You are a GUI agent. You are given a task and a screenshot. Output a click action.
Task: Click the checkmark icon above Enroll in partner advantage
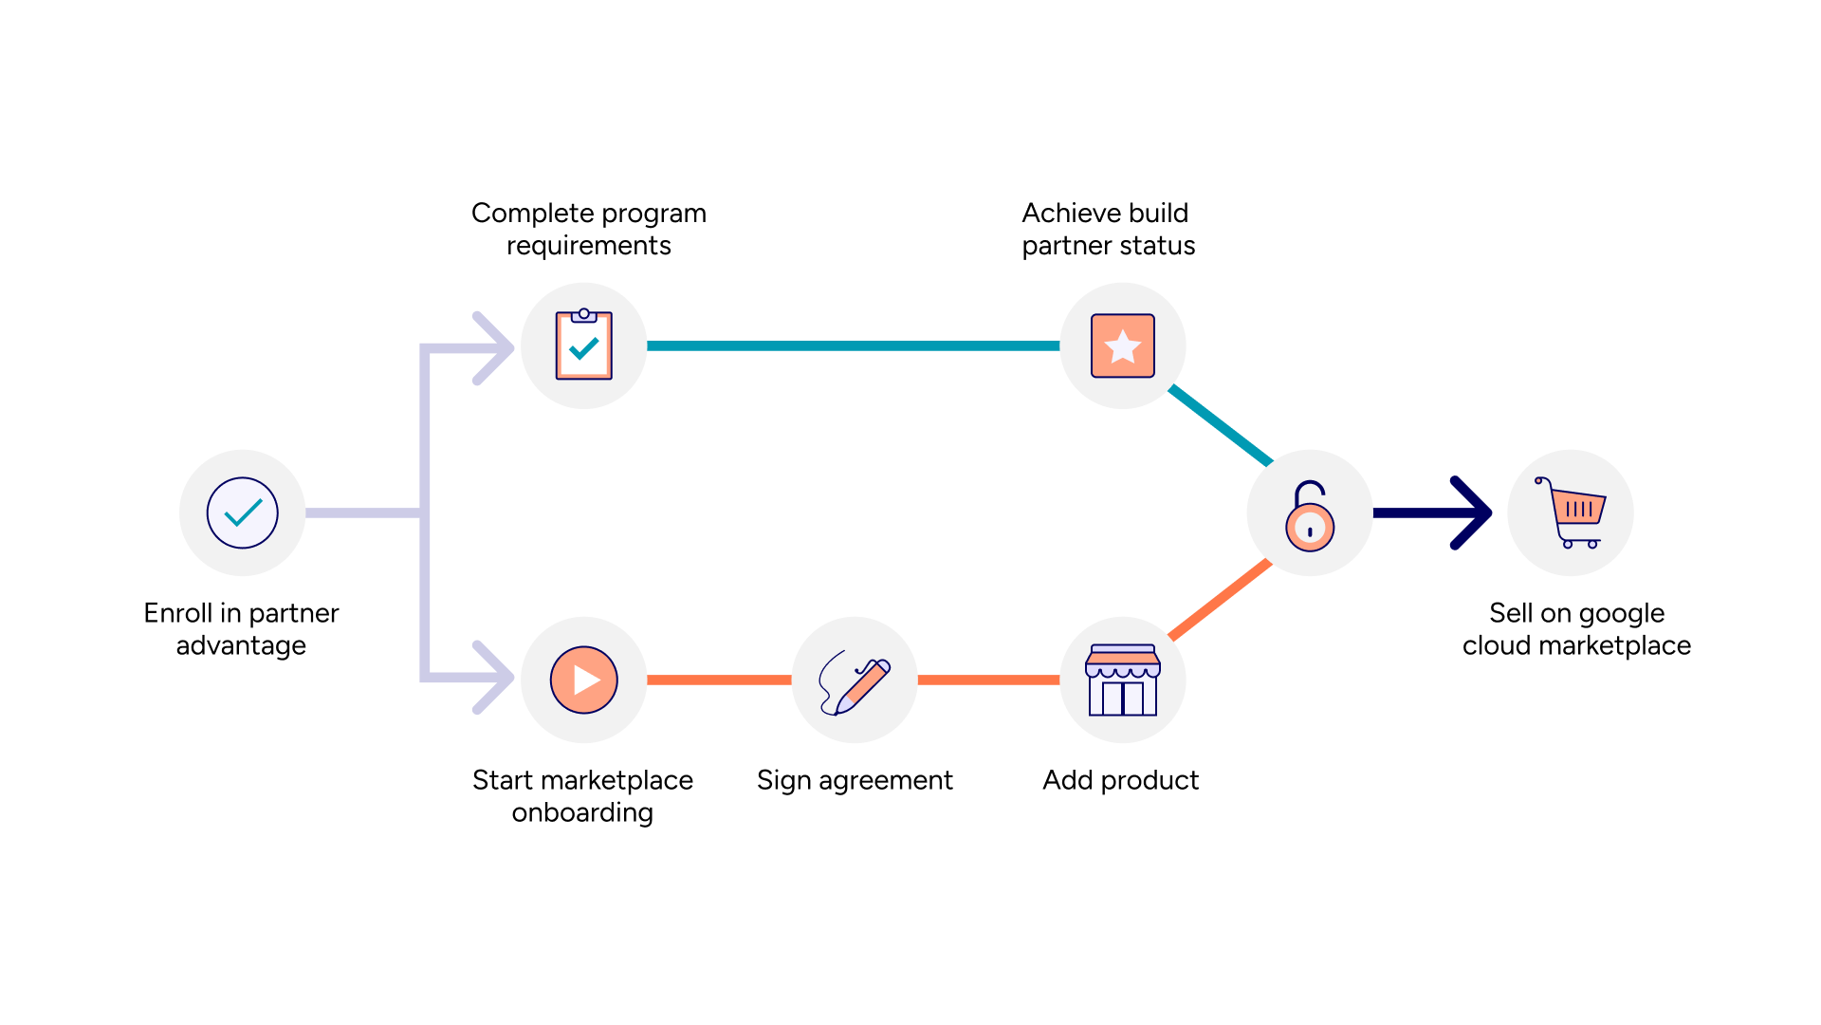243,512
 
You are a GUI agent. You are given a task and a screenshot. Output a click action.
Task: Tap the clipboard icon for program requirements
583,345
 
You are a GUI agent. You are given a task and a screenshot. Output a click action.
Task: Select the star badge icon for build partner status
1123,345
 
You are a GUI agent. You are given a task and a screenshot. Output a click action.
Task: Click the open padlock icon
1310,517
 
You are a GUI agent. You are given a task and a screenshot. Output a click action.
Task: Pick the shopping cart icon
1572,512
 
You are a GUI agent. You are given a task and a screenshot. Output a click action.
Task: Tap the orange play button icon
583,680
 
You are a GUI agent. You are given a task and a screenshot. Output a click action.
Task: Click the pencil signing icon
855,681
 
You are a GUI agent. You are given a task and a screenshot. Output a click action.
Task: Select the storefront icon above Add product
1123,680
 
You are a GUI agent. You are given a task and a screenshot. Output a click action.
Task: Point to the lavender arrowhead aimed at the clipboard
493,348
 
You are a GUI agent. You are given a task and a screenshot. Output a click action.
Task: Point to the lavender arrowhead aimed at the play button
493,677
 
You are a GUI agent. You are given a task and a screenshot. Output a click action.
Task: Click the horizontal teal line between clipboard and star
854,345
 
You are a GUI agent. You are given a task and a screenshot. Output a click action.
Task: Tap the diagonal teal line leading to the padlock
1221,425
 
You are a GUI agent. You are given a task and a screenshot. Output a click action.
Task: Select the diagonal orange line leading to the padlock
1221,600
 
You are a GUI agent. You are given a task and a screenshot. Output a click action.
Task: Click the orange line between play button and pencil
719,680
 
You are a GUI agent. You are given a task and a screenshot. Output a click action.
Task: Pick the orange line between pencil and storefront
988,680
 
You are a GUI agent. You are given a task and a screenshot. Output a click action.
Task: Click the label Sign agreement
855,780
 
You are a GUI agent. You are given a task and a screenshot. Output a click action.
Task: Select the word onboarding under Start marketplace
582,813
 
